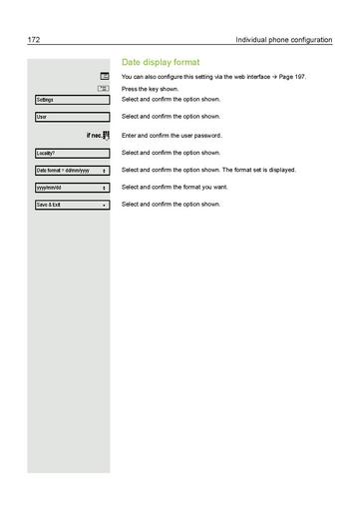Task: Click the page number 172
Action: point(33,40)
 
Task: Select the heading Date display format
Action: point(160,61)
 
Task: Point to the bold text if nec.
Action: point(92,135)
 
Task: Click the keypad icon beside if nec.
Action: point(105,135)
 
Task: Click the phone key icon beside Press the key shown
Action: point(103,89)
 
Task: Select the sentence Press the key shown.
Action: point(157,89)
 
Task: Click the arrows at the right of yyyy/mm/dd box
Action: point(104,188)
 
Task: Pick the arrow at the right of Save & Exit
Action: point(104,205)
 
